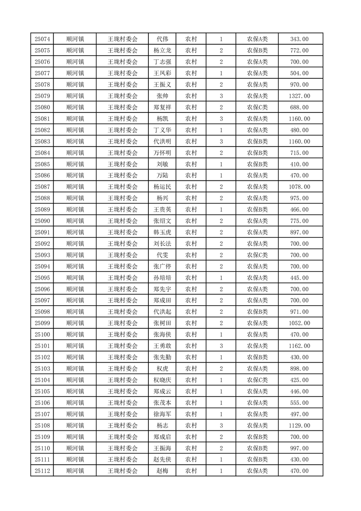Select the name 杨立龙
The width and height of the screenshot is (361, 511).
pyautogui.click(x=163, y=51)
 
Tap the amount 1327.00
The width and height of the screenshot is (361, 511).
pyautogui.click(x=299, y=96)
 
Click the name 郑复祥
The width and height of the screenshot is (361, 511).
pyautogui.click(x=163, y=107)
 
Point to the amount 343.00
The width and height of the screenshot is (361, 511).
pyautogui.click(x=299, y=39)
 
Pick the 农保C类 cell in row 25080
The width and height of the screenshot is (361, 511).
pyautogui.click(x=257, y=107)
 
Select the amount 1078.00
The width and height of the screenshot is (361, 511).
pyautogui.click(x=299, y=187)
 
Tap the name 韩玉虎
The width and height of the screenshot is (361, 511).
pyautogui.click(x=163, y=232)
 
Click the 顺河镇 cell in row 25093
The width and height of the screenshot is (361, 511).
pyautogui.click(x=75, y=255)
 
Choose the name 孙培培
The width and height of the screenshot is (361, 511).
pyautogui.click(x=163, y=278)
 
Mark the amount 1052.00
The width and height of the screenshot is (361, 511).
pyautogui.click(x=299, y=323)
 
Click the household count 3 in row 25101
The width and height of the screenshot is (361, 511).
pyautogui.click(x=221, y=346)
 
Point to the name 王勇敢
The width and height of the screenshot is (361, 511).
pyautogui.click(x=163, y=346)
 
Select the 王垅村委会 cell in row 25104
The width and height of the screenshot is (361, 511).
pyautogui.click(x=122, y=380)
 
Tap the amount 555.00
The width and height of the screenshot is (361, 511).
pyautogui.click(x=299, y=403)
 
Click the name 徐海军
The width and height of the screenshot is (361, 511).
pyautogui.click(x=163, y=414)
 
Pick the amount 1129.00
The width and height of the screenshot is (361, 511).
pyautogui.click(x=299, y=425)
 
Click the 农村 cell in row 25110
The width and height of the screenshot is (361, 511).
pyautogui.click(x=191, y=448)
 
